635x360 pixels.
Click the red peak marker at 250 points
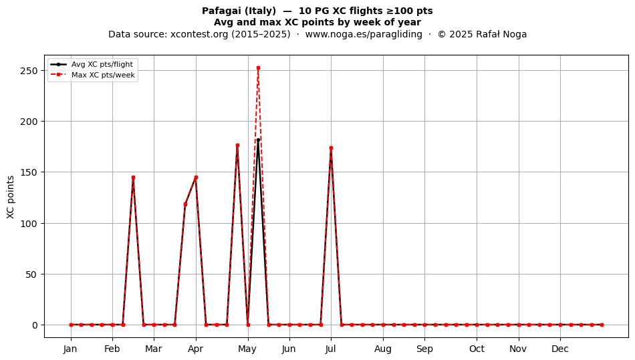tap(259, 68)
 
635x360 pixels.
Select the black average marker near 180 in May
tap(259, 140)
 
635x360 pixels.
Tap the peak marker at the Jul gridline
tap(332, 148)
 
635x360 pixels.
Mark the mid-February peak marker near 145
tap(133, 178)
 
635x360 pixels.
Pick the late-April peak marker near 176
tap(237, 145)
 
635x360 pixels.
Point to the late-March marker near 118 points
tap(185, 204)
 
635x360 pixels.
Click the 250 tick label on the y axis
tap(29, 71)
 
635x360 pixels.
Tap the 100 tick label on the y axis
tap(29, 224)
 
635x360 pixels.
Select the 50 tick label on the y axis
tap(31, 275)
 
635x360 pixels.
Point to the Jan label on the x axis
tap(70, 349)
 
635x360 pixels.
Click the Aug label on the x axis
tap(383, 349)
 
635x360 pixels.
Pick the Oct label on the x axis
tap(477, 349)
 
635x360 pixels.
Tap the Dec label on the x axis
tap(560, 349)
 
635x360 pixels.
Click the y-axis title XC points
tap(11, 197)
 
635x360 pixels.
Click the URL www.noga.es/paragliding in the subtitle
tap(364, 34)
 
